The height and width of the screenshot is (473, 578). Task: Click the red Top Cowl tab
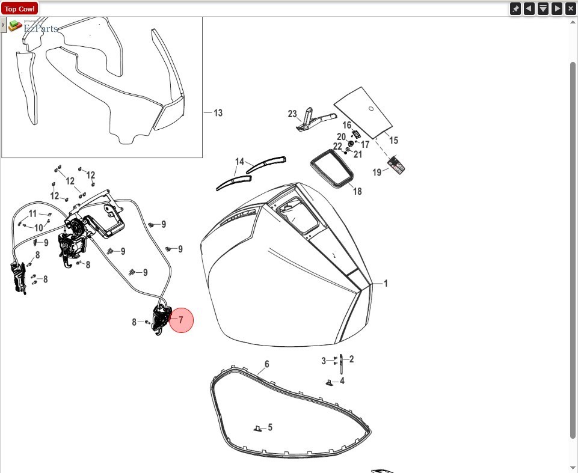(x=20, y=9)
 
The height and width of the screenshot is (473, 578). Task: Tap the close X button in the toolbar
(x=571, y=8)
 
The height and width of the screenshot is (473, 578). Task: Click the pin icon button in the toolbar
(x=515, y=8)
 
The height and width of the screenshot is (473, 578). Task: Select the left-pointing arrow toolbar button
(x=529, y=8)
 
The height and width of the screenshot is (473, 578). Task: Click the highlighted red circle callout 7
(x=180, y=320)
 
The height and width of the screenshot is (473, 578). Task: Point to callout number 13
(x=218, y=113)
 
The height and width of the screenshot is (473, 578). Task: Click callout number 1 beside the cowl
(x=386, y=283)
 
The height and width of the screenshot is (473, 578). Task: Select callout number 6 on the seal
(x=266, y=364)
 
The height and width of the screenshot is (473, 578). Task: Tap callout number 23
(x=293, y=114)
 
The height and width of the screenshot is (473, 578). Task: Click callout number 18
(x=357, y=191)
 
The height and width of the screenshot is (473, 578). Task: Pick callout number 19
(x=377, y=172)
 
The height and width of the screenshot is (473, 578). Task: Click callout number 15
(x=393, y=141)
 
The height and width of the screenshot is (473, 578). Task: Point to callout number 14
(x=240, y=162)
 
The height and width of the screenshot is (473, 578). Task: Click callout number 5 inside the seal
(x=270, y=427)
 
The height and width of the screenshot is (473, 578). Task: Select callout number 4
(x=342, y=381)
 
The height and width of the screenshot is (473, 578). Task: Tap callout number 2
(x=351, y=359)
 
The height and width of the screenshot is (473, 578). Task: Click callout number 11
(x=32, y=213)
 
